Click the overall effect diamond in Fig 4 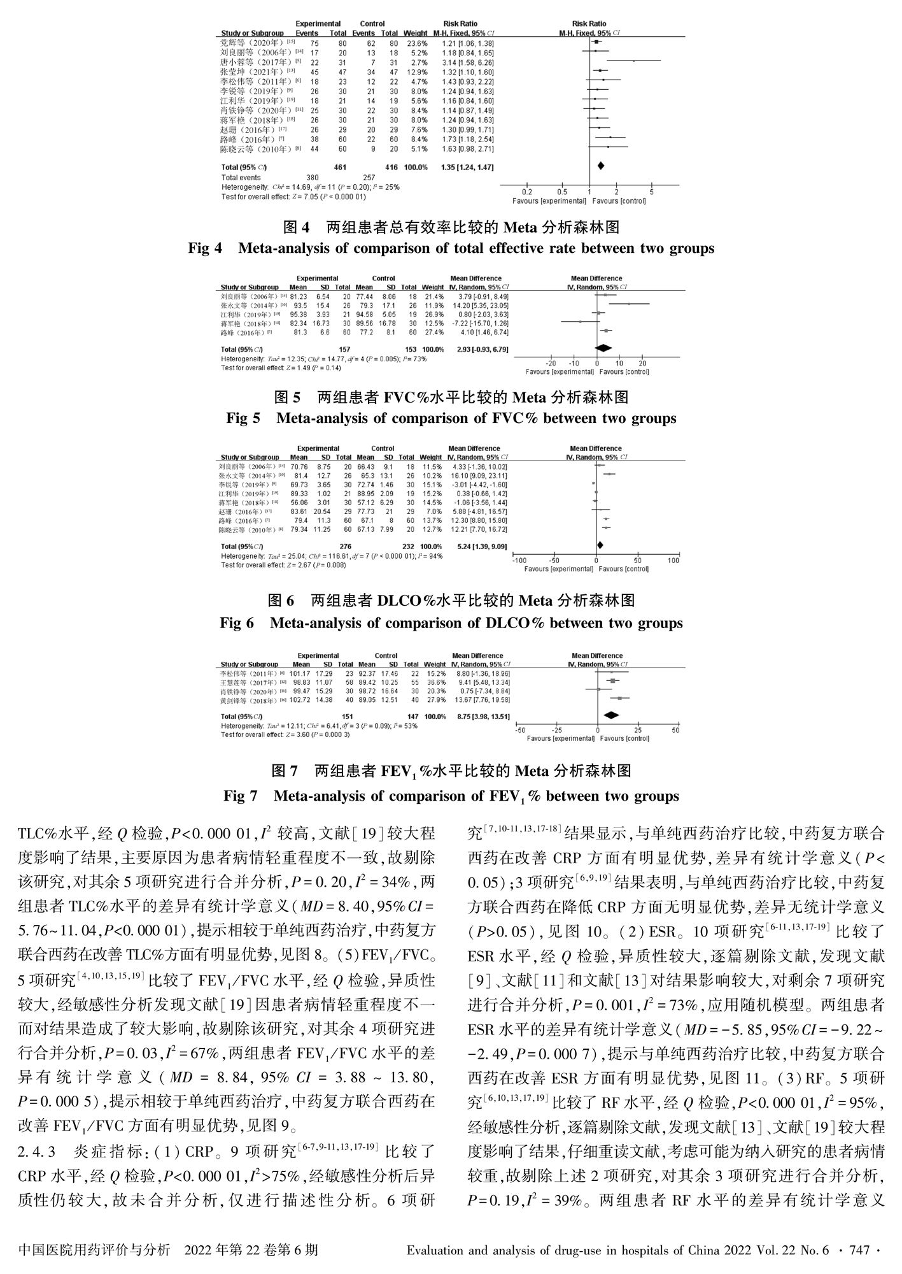(600, 166)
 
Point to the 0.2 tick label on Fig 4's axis (526, 192)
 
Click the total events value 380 (313, 177)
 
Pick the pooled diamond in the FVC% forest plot (602, 347)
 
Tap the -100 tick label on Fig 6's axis (520, 561)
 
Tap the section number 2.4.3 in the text (38, 1152)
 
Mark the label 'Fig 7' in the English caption (241, 796)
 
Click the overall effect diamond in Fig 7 (611, 715)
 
